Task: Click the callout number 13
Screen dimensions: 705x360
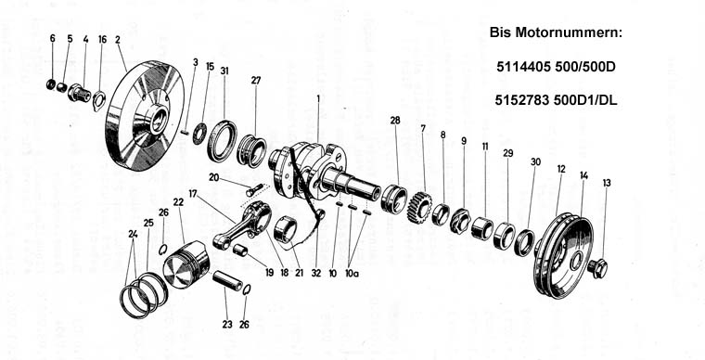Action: [607, 183]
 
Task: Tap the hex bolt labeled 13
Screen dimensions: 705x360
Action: [597, 268]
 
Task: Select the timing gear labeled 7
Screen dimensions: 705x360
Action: [418, 207]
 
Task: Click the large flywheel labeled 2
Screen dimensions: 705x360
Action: [145, 116]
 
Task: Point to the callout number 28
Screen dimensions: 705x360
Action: [395, 121]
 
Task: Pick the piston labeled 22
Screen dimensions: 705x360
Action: [186, 264]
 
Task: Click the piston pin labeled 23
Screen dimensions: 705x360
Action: [227, 281]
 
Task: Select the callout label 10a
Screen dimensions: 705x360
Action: [352, 274]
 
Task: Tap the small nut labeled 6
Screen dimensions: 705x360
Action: [51, 84]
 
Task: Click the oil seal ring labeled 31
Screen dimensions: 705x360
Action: [222, 141]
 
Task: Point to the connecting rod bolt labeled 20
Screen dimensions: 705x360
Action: [254, 189]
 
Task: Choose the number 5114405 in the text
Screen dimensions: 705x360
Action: [524, 67]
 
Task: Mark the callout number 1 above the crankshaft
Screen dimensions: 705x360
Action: [318, 97]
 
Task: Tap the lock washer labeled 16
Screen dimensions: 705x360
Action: [98, 101]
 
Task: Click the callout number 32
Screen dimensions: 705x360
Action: [316, 273]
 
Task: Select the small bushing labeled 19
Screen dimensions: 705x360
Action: [240, 250]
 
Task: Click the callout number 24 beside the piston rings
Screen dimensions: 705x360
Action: [133, 234]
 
